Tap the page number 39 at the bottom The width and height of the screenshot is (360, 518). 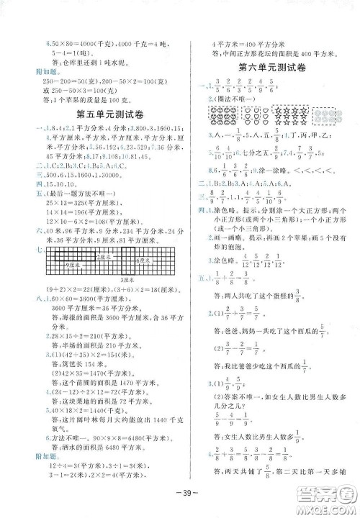[179, 501]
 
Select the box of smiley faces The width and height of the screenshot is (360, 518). [220, 112]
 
